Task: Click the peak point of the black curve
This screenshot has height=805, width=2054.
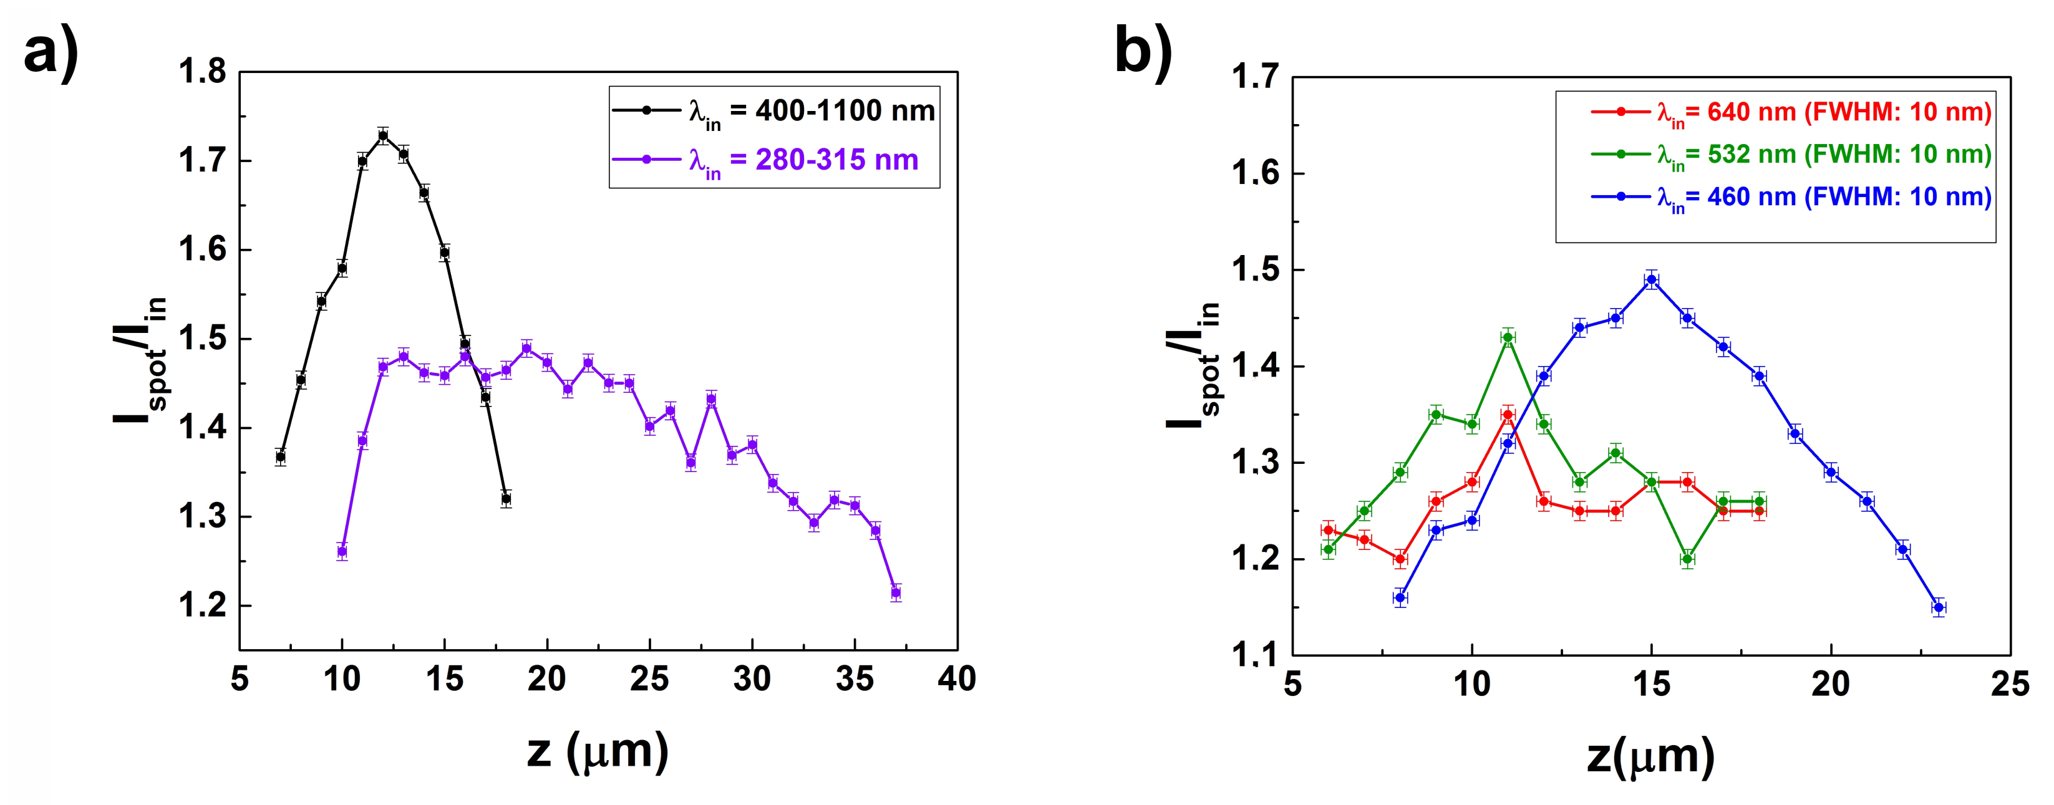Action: tap(383, 135)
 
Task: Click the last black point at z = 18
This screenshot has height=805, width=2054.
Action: tap(505, 499)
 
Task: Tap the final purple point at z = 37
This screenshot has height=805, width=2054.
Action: tap(896, 593)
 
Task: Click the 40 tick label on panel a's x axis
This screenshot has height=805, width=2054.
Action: tap(957, 680)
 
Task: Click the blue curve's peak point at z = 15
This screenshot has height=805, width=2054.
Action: tap(1651, 280)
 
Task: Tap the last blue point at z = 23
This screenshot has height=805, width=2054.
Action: tap(1939, 607)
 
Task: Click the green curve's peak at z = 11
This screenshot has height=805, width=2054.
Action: tap(1508, 337)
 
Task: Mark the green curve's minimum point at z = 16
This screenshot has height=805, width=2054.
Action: tap(1687, 559)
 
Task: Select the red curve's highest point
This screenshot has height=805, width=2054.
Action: tap(1508, 415)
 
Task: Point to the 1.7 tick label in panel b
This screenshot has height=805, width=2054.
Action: tap(1255, 78)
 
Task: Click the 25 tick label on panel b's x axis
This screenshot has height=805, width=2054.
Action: tap(2009, 685)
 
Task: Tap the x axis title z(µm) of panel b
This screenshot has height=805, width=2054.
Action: tap(1650, 756)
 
